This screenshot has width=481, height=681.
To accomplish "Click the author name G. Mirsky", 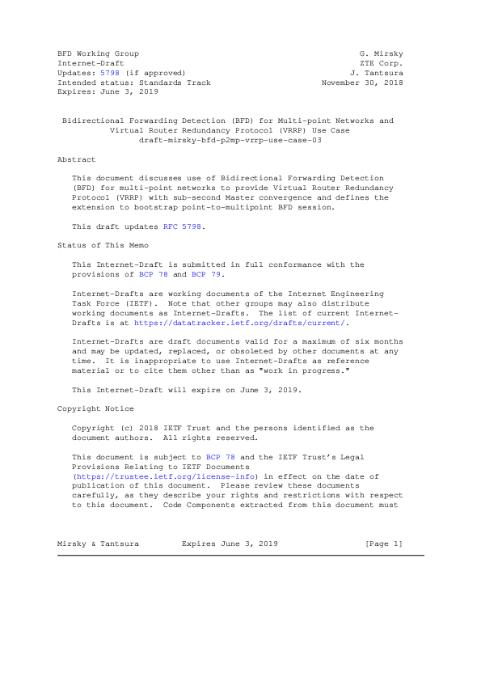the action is (382, 53).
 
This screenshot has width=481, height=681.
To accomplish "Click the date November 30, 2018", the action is (362, 82).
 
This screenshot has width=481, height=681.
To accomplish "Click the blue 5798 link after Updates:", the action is (109, 72).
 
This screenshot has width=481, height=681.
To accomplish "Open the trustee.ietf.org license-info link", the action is (167, 477).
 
